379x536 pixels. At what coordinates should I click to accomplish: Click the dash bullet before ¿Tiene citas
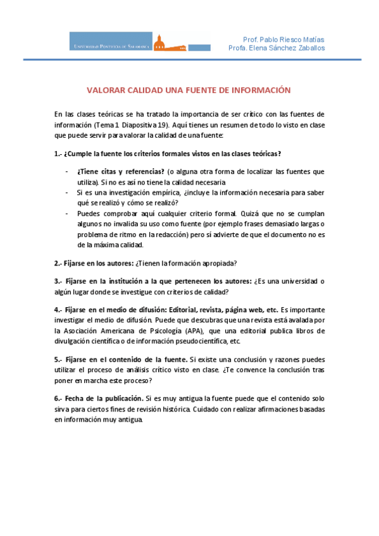(67, 171)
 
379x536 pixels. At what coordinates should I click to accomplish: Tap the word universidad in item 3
(298, 281)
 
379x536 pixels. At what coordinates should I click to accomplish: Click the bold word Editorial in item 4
(185, 310)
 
